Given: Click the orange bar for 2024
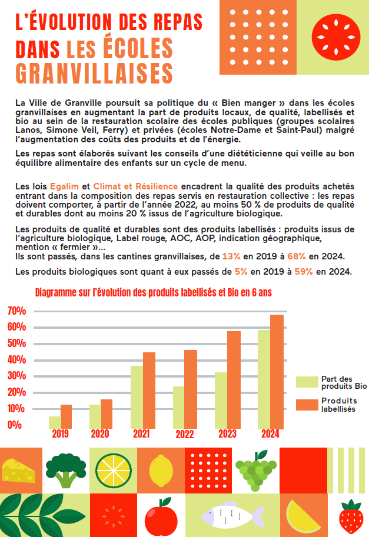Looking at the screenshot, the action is (277, 372).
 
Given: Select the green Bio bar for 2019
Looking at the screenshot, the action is (55, 423).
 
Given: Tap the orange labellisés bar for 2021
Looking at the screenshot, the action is (149, 391).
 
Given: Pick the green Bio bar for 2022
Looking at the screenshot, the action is (178, 408).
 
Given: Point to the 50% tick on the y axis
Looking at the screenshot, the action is (17, 343).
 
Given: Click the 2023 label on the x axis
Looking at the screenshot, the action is (228, 434).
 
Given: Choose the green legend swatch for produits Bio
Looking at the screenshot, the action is (307, 382).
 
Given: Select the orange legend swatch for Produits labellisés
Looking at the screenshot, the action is (307, 405).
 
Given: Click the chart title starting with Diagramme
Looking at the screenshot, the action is (154, 292).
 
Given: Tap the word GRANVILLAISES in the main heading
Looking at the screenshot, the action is (94, 73).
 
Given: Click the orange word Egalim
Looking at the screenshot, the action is (64, 186).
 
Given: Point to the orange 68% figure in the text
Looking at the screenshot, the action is (297, 256).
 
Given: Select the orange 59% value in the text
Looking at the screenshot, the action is (304, 272).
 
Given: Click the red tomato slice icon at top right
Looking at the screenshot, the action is (336, 37).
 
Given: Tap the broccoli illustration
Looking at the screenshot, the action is (66, 471).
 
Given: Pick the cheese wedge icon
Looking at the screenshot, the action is (18, 471).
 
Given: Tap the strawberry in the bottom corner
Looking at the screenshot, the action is (351, 516).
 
